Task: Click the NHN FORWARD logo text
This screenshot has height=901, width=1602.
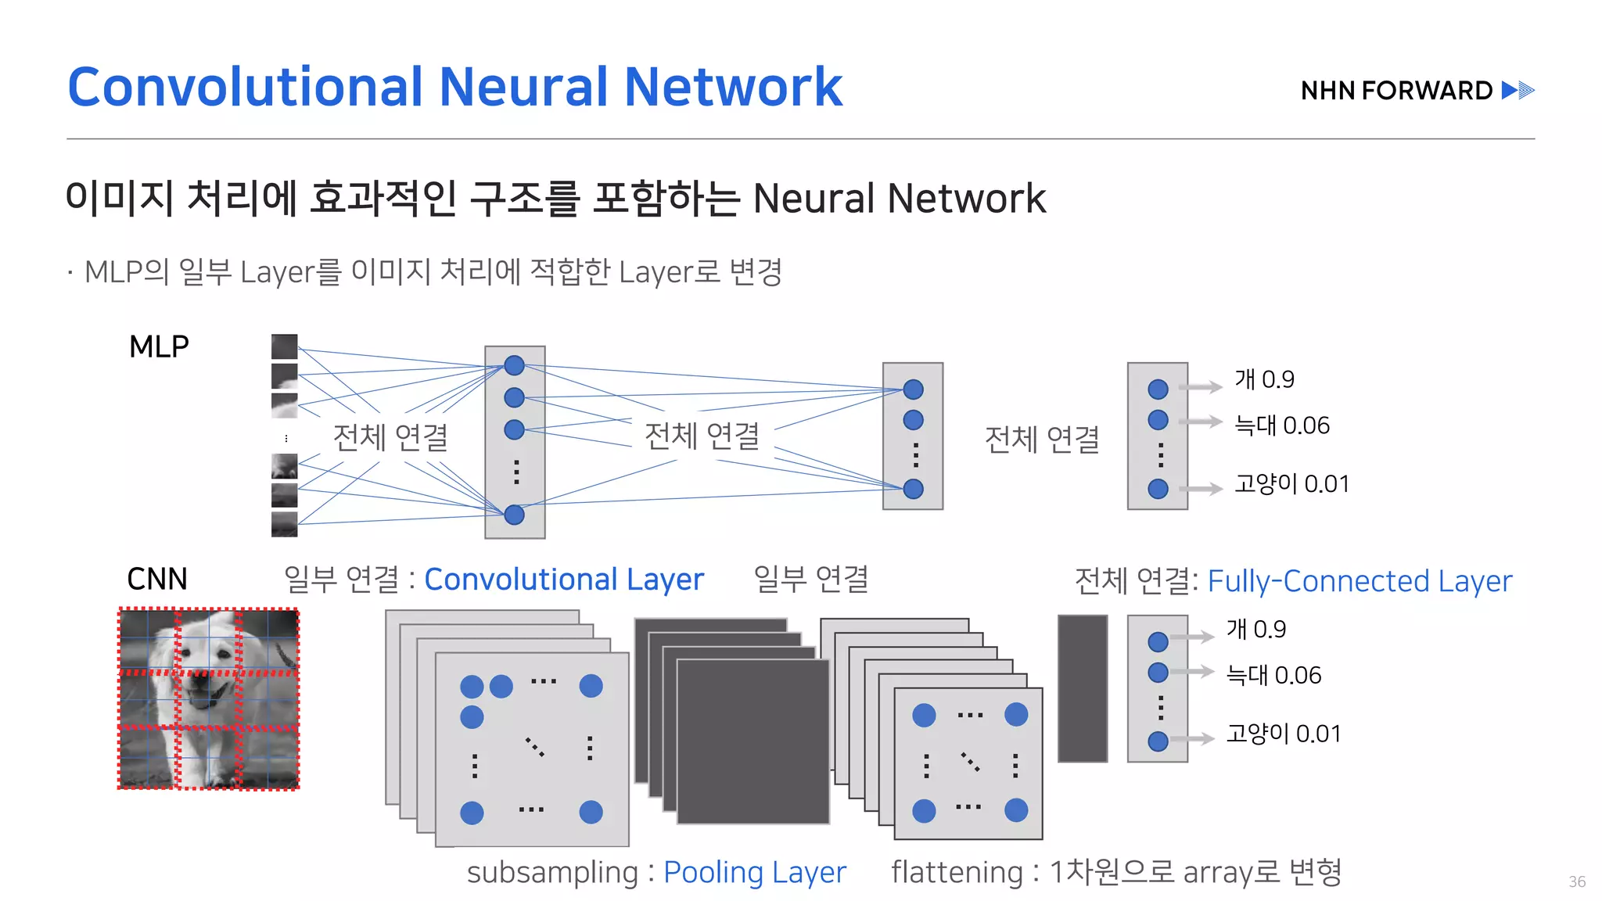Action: pos(1396,91)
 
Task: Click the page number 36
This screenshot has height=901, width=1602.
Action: pos(1577,881)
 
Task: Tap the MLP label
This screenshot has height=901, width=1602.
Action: pos(159,346)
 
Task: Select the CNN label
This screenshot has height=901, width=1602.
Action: pos(157,580)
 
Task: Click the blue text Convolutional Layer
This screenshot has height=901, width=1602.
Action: pos(564,580)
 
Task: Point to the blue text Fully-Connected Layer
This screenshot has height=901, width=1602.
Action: pos(1360,581)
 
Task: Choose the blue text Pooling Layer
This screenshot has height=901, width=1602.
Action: pos(755,872)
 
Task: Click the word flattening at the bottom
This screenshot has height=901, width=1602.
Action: pos(957,872)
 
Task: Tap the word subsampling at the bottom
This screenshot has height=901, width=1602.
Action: pos(552,872)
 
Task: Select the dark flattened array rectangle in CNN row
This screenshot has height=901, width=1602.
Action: pos(1083,688)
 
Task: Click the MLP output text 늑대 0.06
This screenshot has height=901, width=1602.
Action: pos(1281,425)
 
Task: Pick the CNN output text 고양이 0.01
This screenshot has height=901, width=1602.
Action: pos(1284,734)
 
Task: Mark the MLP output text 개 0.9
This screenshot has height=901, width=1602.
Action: pos(1264,379)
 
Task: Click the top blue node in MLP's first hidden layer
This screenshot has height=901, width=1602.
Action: pos(514,365)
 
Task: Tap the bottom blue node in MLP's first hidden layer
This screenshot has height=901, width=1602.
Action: pos(514,515)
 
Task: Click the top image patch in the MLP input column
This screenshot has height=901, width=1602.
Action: pos(284,346)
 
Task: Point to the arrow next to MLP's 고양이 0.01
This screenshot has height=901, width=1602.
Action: pos(1201,489)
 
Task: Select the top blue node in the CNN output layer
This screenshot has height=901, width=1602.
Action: pos(1158,642)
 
